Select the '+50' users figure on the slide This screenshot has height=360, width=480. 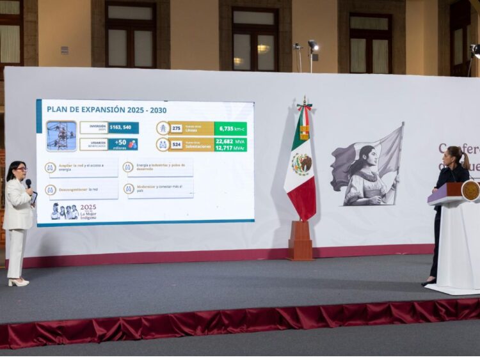pos(120,143)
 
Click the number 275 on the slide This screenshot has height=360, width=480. pos(177,128)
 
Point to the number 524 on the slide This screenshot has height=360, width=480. pos(177,145)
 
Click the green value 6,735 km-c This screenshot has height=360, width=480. pos(230,128)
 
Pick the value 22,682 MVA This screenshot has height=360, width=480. pos(230,141)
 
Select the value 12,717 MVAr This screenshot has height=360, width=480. pos(230,148)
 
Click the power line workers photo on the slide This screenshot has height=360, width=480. pos(61,136)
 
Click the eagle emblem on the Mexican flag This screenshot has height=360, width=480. pos(301,164)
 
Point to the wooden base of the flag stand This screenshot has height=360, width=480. pos(300,242)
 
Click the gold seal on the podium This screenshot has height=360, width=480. pos(470,191)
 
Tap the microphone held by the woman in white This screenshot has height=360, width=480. pos(28,184)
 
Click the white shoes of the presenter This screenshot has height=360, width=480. pos(17,281)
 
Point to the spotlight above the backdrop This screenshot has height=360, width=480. pos(313,45)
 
